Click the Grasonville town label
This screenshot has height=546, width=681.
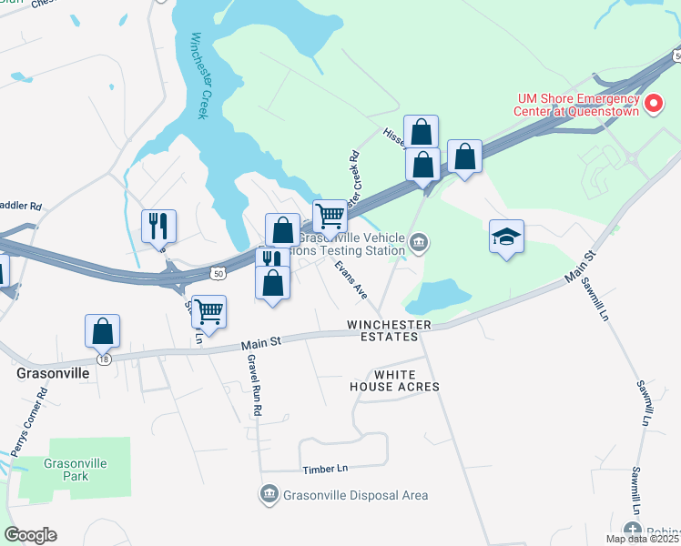tap(52, 373)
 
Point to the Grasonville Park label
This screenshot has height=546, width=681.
tap(75, 470)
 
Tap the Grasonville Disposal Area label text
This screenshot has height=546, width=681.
tap(355, 495)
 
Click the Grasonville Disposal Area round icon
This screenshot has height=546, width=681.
tap(269, 495)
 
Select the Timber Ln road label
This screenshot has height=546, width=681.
tap(326, 469)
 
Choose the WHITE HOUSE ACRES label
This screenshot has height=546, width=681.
tap(394, 380)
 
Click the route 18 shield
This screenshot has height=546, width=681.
tap(104, 359)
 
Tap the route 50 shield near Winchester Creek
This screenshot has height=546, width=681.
tap(217, 272)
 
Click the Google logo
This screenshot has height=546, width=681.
tap(31, 535)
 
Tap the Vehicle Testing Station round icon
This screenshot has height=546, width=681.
tap(419, 242)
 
